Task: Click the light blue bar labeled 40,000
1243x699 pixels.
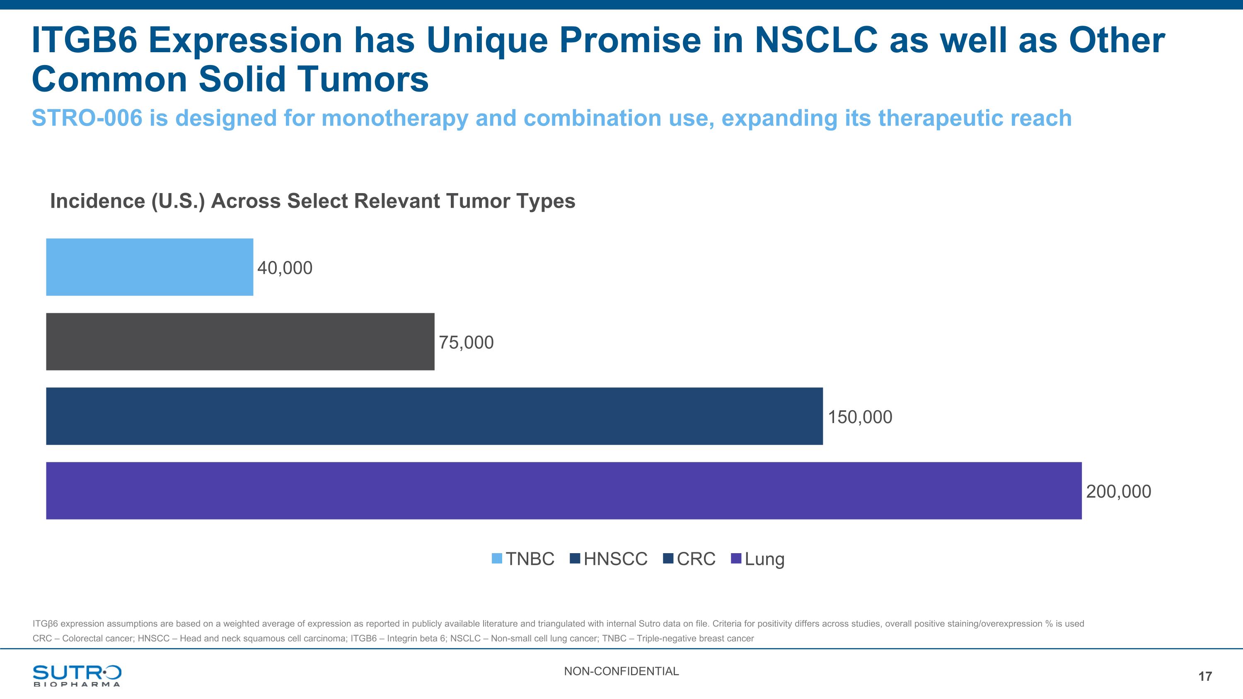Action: (150, 267)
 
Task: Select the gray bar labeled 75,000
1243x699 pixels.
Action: (240, 341)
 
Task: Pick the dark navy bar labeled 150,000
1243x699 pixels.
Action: (434, 416)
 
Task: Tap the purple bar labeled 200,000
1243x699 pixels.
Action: (564, 491)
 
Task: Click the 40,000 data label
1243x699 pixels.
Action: (285, 268)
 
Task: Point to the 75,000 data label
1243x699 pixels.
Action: (466, 343)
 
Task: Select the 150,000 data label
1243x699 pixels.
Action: (860, 417)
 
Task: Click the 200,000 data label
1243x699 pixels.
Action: (1119, 491)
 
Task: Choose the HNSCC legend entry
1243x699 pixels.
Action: (609, 559)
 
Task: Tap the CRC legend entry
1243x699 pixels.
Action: (689, 559)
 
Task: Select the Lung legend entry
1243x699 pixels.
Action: (758, 559)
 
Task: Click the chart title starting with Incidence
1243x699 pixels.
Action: (313, 201)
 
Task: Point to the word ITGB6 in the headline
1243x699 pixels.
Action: (85, 40)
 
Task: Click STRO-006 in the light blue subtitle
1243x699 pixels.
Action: (87, 118)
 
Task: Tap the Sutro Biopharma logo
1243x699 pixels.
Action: (77, 675)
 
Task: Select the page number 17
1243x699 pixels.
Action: (1205, 676)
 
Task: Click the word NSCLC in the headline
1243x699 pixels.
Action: (816, 40)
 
